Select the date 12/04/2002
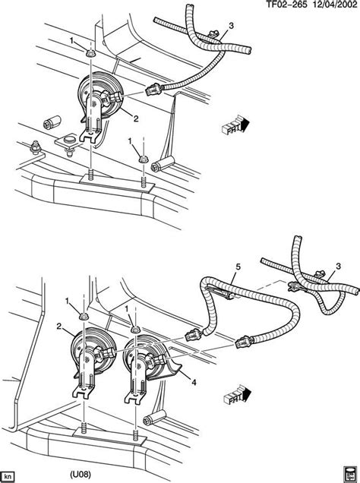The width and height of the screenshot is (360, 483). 335,5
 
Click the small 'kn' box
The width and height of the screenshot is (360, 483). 8,476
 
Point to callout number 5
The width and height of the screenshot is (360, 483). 238,267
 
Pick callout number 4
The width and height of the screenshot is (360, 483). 194,382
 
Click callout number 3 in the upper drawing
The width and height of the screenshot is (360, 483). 232,26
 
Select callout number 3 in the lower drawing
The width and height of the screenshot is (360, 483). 339,266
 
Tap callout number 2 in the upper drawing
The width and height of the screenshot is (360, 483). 136,118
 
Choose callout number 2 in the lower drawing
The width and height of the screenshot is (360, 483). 59,327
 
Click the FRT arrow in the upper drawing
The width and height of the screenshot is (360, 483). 235,124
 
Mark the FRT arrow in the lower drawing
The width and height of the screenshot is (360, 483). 237,394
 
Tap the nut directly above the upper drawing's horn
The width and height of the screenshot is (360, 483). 90,54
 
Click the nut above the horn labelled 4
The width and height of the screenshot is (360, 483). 134,330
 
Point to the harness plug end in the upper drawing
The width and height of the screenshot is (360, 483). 153,90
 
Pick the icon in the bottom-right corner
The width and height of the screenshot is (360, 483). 350,475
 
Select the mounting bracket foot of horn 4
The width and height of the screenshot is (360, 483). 135,396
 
